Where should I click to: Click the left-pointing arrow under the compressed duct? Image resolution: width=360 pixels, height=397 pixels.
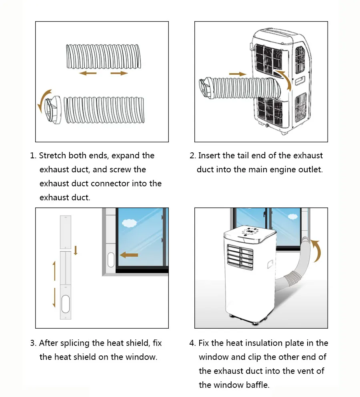(88, 74)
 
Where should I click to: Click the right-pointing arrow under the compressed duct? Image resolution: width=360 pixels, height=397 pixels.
(119, 74)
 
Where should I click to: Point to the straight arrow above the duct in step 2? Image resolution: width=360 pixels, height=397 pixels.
(237, 74)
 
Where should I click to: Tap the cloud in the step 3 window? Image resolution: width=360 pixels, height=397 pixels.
(129, 223)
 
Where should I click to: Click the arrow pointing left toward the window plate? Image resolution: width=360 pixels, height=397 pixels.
(129, 255)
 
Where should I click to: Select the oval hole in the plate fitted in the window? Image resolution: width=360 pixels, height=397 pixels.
(111, 259)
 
